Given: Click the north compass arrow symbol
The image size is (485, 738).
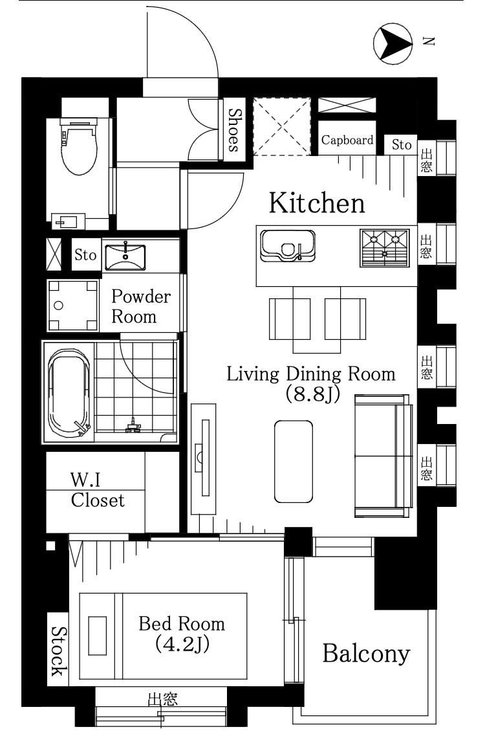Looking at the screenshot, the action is point(393,43).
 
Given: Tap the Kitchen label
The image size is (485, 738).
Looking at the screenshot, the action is point(317,203).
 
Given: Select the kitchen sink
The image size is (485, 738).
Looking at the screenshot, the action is point(288,246).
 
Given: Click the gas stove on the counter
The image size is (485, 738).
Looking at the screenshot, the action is point(384,247).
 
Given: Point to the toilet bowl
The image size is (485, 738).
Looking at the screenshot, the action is point(79,147).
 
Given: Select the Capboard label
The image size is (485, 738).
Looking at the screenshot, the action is point(347,140).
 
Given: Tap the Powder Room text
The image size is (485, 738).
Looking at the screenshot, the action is point(140,306).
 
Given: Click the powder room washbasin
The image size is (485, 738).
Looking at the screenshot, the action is point(125,257).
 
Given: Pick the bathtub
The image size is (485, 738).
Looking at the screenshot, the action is point(69,392).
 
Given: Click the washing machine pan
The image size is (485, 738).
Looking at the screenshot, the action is point(73,306).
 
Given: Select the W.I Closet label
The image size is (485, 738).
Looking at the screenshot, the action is point(97,491).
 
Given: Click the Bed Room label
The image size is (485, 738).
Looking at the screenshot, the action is point(182,633).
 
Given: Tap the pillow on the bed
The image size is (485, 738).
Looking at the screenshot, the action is point(97,636).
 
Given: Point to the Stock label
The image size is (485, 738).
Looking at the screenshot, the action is point(59,651).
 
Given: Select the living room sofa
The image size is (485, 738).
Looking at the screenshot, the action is point(383,456).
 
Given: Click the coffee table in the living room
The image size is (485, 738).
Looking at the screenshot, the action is point(293,461).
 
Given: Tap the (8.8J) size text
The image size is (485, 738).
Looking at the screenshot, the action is point(312,394).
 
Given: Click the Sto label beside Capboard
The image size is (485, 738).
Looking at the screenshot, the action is point(402,145).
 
